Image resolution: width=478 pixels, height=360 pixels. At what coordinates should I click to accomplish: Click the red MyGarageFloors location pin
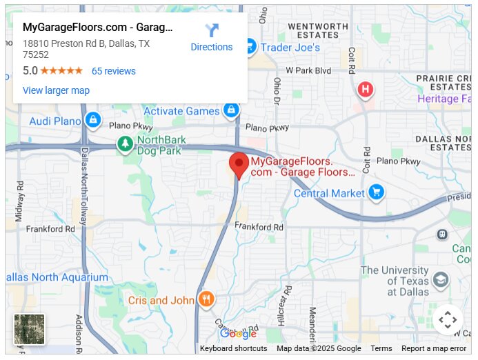click(x=239, y=165)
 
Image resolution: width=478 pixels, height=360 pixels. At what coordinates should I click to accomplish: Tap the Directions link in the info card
click(x=211, y=47)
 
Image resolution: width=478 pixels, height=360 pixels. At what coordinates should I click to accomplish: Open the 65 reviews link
click(x=114, y=71)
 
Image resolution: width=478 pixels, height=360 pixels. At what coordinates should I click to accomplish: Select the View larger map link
click(x=56, y=90)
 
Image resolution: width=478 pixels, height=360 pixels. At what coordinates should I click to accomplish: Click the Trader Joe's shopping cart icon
click(x=249, y=47)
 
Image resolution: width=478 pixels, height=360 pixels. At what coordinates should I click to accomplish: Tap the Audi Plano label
click(x=55, y=121)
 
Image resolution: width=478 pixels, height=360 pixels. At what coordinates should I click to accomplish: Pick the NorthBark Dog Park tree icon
click(x=125, y=143)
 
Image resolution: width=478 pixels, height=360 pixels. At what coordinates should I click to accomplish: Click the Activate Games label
click(x=181, y=111)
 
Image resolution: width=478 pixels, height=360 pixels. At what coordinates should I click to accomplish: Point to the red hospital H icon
click(x=366, y=90)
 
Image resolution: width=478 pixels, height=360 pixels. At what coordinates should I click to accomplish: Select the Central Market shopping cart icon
click(x=376, y=192)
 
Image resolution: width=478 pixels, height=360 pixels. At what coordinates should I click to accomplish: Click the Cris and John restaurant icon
click(x=206, y=299)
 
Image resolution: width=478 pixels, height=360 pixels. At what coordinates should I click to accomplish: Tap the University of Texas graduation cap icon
click(x=440, y=280)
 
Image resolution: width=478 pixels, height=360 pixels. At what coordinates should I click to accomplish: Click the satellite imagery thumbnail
click(x=29, y=330)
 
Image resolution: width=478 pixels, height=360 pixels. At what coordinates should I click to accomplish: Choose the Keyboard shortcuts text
click(x=233, y=348)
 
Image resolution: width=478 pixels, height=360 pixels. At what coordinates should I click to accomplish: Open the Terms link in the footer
click(x=381, y=348)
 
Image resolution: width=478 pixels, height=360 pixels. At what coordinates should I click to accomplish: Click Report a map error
click(x=434, y=348)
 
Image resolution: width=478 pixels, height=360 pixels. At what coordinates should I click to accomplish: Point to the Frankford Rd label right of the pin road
click(x=259, y=227)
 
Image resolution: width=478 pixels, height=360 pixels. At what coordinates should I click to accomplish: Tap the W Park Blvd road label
click(x=309, y=70)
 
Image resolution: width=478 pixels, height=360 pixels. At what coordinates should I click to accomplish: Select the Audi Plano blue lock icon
click(x=92, y=121)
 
